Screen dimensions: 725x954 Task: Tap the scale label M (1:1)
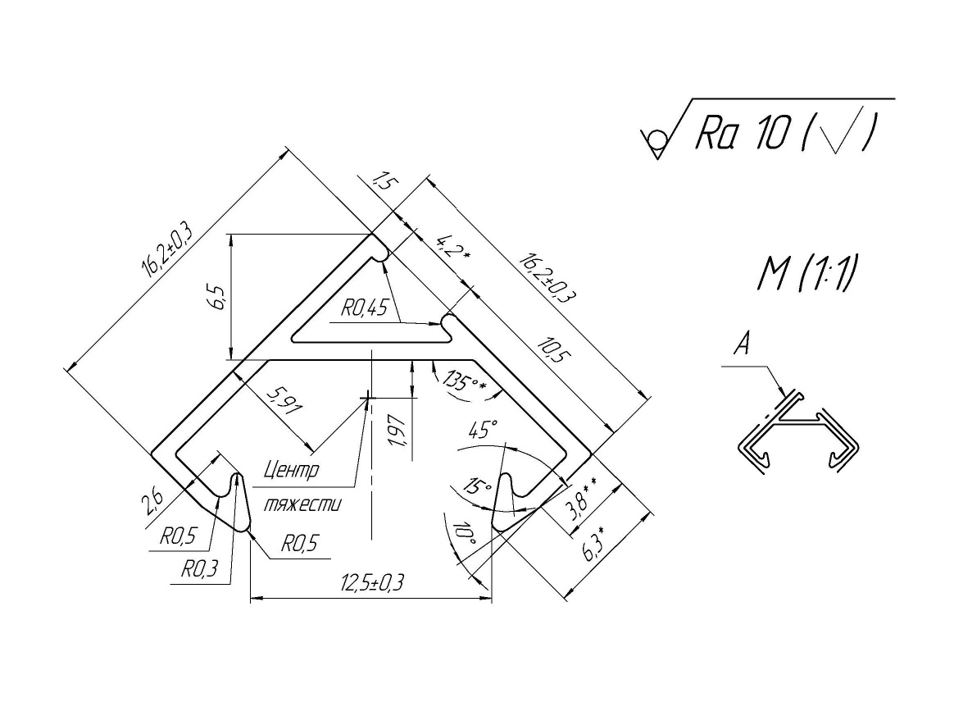[807, 275]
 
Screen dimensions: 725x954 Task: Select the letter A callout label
[742, 346]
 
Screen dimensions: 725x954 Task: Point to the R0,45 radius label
[365, 308]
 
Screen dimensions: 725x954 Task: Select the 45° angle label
[483, 430]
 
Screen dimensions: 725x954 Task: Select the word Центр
[292, 471]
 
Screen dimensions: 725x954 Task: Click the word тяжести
[302, 504]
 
